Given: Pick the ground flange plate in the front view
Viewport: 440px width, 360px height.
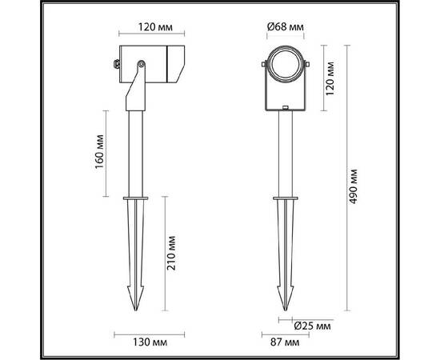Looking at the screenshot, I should click(283, 198).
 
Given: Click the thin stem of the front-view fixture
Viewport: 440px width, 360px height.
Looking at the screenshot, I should click(283, 152).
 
